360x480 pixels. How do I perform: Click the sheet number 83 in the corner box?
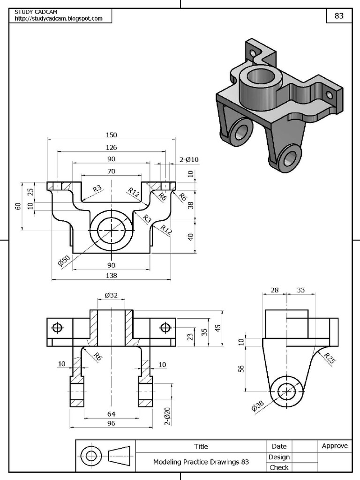coord(338,15)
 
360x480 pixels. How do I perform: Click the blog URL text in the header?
coord(59,18)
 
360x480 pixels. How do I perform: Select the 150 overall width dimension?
coord(111,135)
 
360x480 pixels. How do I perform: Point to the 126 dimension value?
coord(111,147)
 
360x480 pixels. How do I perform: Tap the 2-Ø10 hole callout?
coord(189,160)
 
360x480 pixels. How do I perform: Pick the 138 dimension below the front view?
coord(111,276)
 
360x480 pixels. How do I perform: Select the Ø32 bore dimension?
coord(111,295)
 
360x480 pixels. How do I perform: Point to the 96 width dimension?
coord(111,423)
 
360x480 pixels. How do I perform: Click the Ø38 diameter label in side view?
coord(258,405)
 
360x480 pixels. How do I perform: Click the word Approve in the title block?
coord(335,446)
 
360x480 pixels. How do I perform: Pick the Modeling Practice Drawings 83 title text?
coord(201,462)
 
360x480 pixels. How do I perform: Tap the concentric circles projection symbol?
coord(91,456)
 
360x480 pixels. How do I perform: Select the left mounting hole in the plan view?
coord(58,327)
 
